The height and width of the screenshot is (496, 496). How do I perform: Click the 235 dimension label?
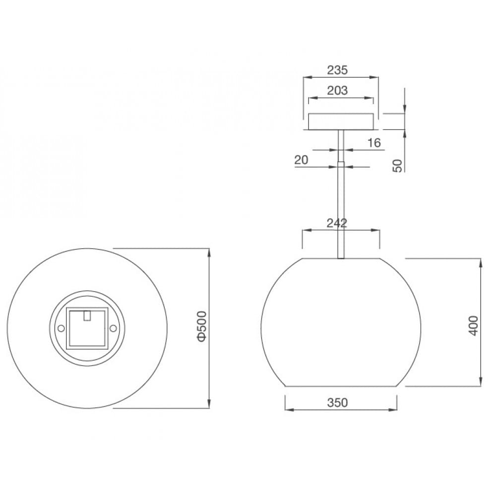[x=337, y=70]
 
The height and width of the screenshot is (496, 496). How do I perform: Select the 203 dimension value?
[x=337, y=90]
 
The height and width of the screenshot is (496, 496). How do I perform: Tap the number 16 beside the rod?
[x=374, y=143]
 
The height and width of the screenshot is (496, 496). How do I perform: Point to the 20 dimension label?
[x=301, y=160]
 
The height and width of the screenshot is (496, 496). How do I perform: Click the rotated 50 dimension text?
[x=397, y=166]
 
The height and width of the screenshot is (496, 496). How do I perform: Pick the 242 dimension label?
[x=337, y=223]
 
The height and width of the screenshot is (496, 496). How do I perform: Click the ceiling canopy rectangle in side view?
[x=340, y=122]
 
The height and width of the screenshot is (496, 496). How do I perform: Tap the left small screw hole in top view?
[x=61, y=328]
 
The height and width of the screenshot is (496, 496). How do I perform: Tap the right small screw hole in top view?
[x=113, y=328]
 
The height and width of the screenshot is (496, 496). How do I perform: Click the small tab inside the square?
[x=87, y=315]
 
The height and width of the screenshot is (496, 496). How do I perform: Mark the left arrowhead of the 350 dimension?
[x=288, y=410]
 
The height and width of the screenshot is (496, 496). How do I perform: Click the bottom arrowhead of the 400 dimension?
[x=480, y=382]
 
